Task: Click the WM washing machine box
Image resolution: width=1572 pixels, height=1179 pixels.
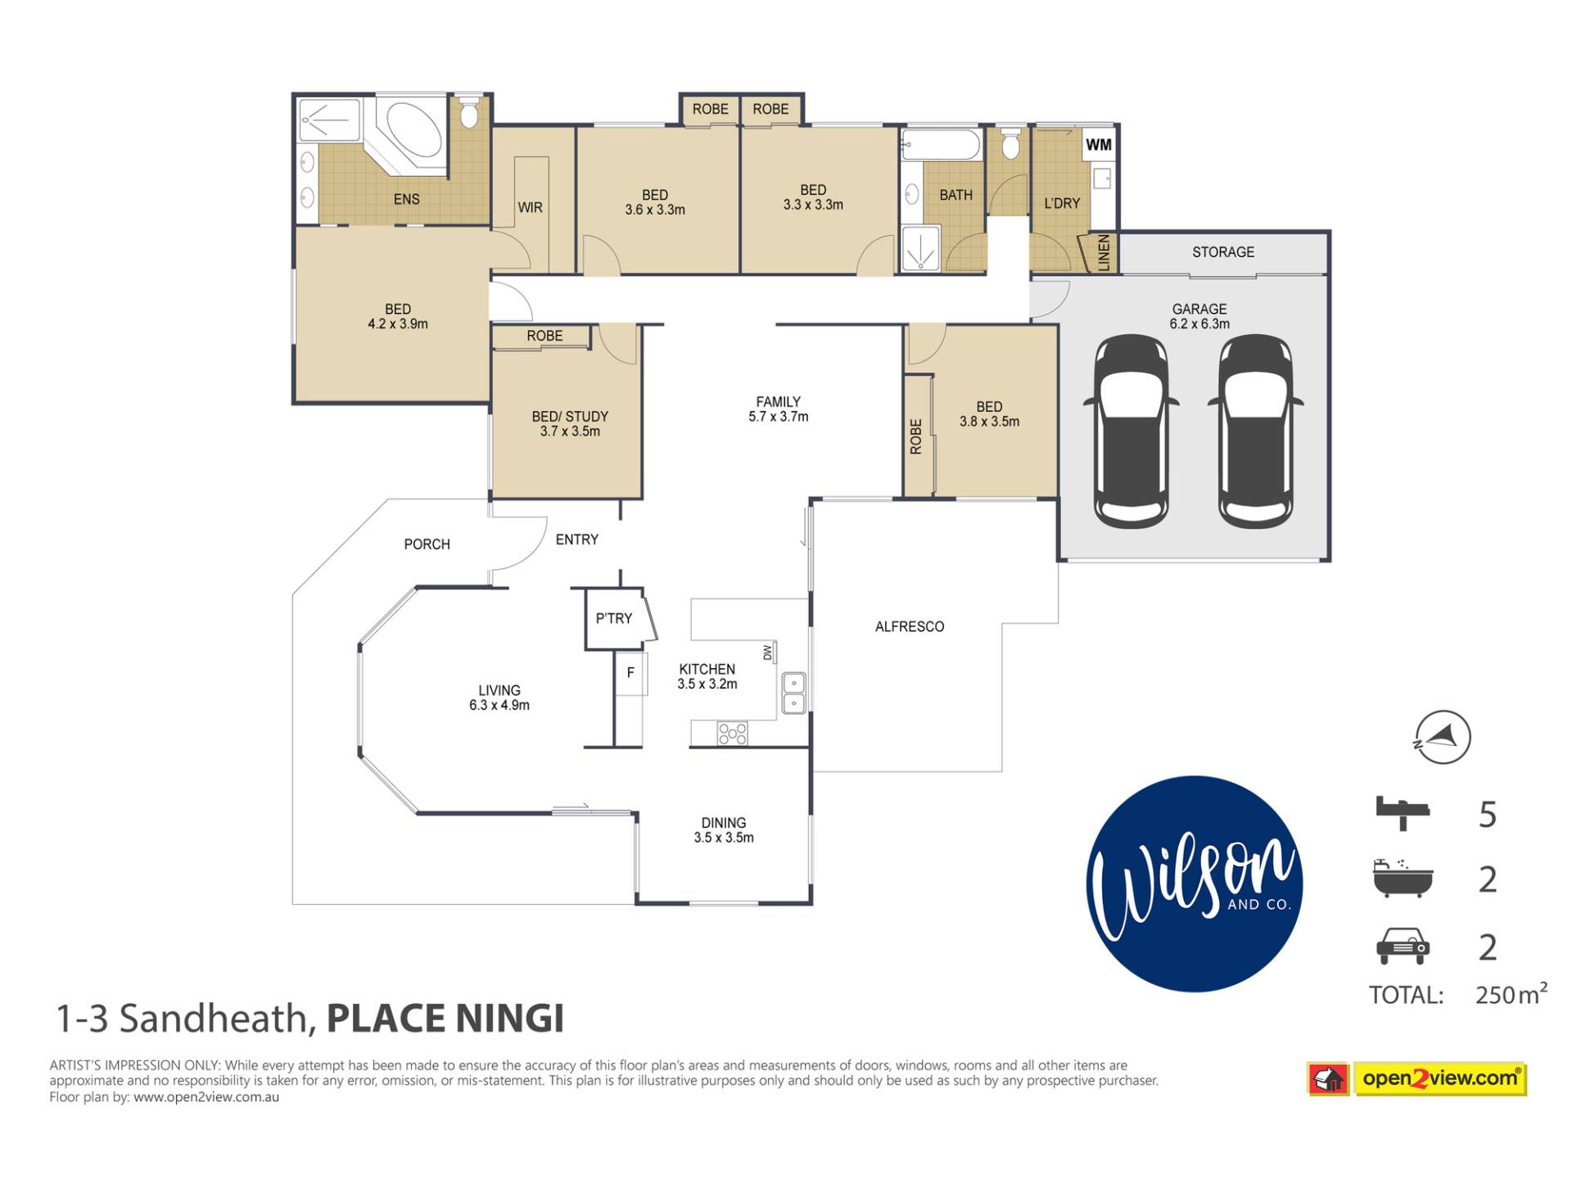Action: (1098, 145)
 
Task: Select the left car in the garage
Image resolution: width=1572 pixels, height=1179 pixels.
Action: (1132, 431)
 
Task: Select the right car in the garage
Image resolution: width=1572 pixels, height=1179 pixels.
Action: (1255, 431)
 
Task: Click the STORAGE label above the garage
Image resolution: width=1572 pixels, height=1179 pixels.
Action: (1222, 252)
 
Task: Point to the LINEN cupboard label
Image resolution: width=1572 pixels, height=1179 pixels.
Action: (1104, 253)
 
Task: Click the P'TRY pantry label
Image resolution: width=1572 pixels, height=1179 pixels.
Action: (613, 618)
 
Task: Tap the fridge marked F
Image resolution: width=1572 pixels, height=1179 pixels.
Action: (630, 673)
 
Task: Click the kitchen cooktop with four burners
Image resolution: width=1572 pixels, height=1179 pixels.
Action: (732, 734)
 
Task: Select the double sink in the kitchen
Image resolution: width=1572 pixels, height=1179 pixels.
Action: (793, 693)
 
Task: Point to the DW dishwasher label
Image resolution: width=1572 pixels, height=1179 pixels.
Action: (767, 653)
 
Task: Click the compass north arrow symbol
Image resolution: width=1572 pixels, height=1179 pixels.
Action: (1441, 737)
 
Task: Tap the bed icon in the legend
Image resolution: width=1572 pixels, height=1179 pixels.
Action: (1403, 813)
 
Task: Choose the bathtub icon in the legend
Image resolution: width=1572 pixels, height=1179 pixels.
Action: (1403, 879)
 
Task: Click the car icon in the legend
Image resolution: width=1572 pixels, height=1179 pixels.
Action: (1403, 946)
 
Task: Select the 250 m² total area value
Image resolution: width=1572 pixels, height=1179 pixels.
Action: (1511, 994)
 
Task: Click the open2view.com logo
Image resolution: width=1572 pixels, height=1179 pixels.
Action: (1417, 1079)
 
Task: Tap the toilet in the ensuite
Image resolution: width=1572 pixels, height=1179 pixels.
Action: (469, 113)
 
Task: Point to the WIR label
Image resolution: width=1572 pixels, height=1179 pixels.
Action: (530, 208)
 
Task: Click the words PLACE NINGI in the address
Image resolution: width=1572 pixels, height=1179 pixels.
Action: (445, 1019)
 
